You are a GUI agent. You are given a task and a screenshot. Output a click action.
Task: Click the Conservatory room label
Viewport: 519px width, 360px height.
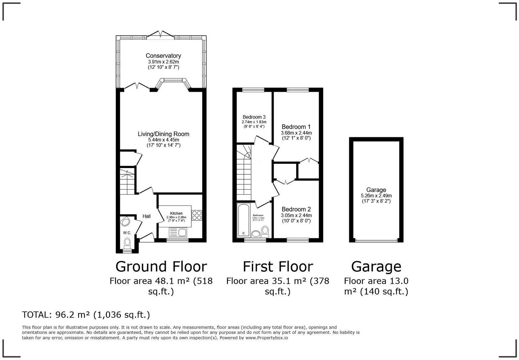pos(163,56)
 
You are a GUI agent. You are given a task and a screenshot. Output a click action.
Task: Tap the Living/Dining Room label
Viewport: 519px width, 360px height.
pos(164,134)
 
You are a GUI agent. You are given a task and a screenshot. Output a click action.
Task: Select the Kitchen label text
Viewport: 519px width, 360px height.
pos(176,213)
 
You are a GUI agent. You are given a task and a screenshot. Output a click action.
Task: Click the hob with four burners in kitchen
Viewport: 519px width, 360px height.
pos(197,215)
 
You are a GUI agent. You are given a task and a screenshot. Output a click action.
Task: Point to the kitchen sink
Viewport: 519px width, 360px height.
pos(178,232)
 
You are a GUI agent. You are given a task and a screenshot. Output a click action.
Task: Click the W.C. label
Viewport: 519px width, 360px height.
pos(127,233)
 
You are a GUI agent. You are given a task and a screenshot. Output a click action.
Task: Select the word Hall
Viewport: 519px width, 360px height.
pos(146,216)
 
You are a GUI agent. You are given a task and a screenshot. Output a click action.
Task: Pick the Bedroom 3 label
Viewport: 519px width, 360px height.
pos(254,117)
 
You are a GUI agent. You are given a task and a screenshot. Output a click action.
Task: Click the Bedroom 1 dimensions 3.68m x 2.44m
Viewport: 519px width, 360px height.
pos(296,133)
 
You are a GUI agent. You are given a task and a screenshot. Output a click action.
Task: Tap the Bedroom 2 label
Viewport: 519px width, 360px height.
pos(296,209)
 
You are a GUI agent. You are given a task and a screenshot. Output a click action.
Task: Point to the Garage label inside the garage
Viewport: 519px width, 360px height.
pos(376,190)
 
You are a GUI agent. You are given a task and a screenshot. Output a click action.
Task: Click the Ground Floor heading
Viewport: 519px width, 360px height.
pos(161,266)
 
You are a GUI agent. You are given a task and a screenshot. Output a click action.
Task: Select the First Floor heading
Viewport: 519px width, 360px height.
pos(278,266)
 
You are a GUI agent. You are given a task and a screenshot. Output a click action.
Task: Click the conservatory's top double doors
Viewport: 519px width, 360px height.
pos(161,34)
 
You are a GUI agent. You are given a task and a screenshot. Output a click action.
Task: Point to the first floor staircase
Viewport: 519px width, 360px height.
pos(244,175)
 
